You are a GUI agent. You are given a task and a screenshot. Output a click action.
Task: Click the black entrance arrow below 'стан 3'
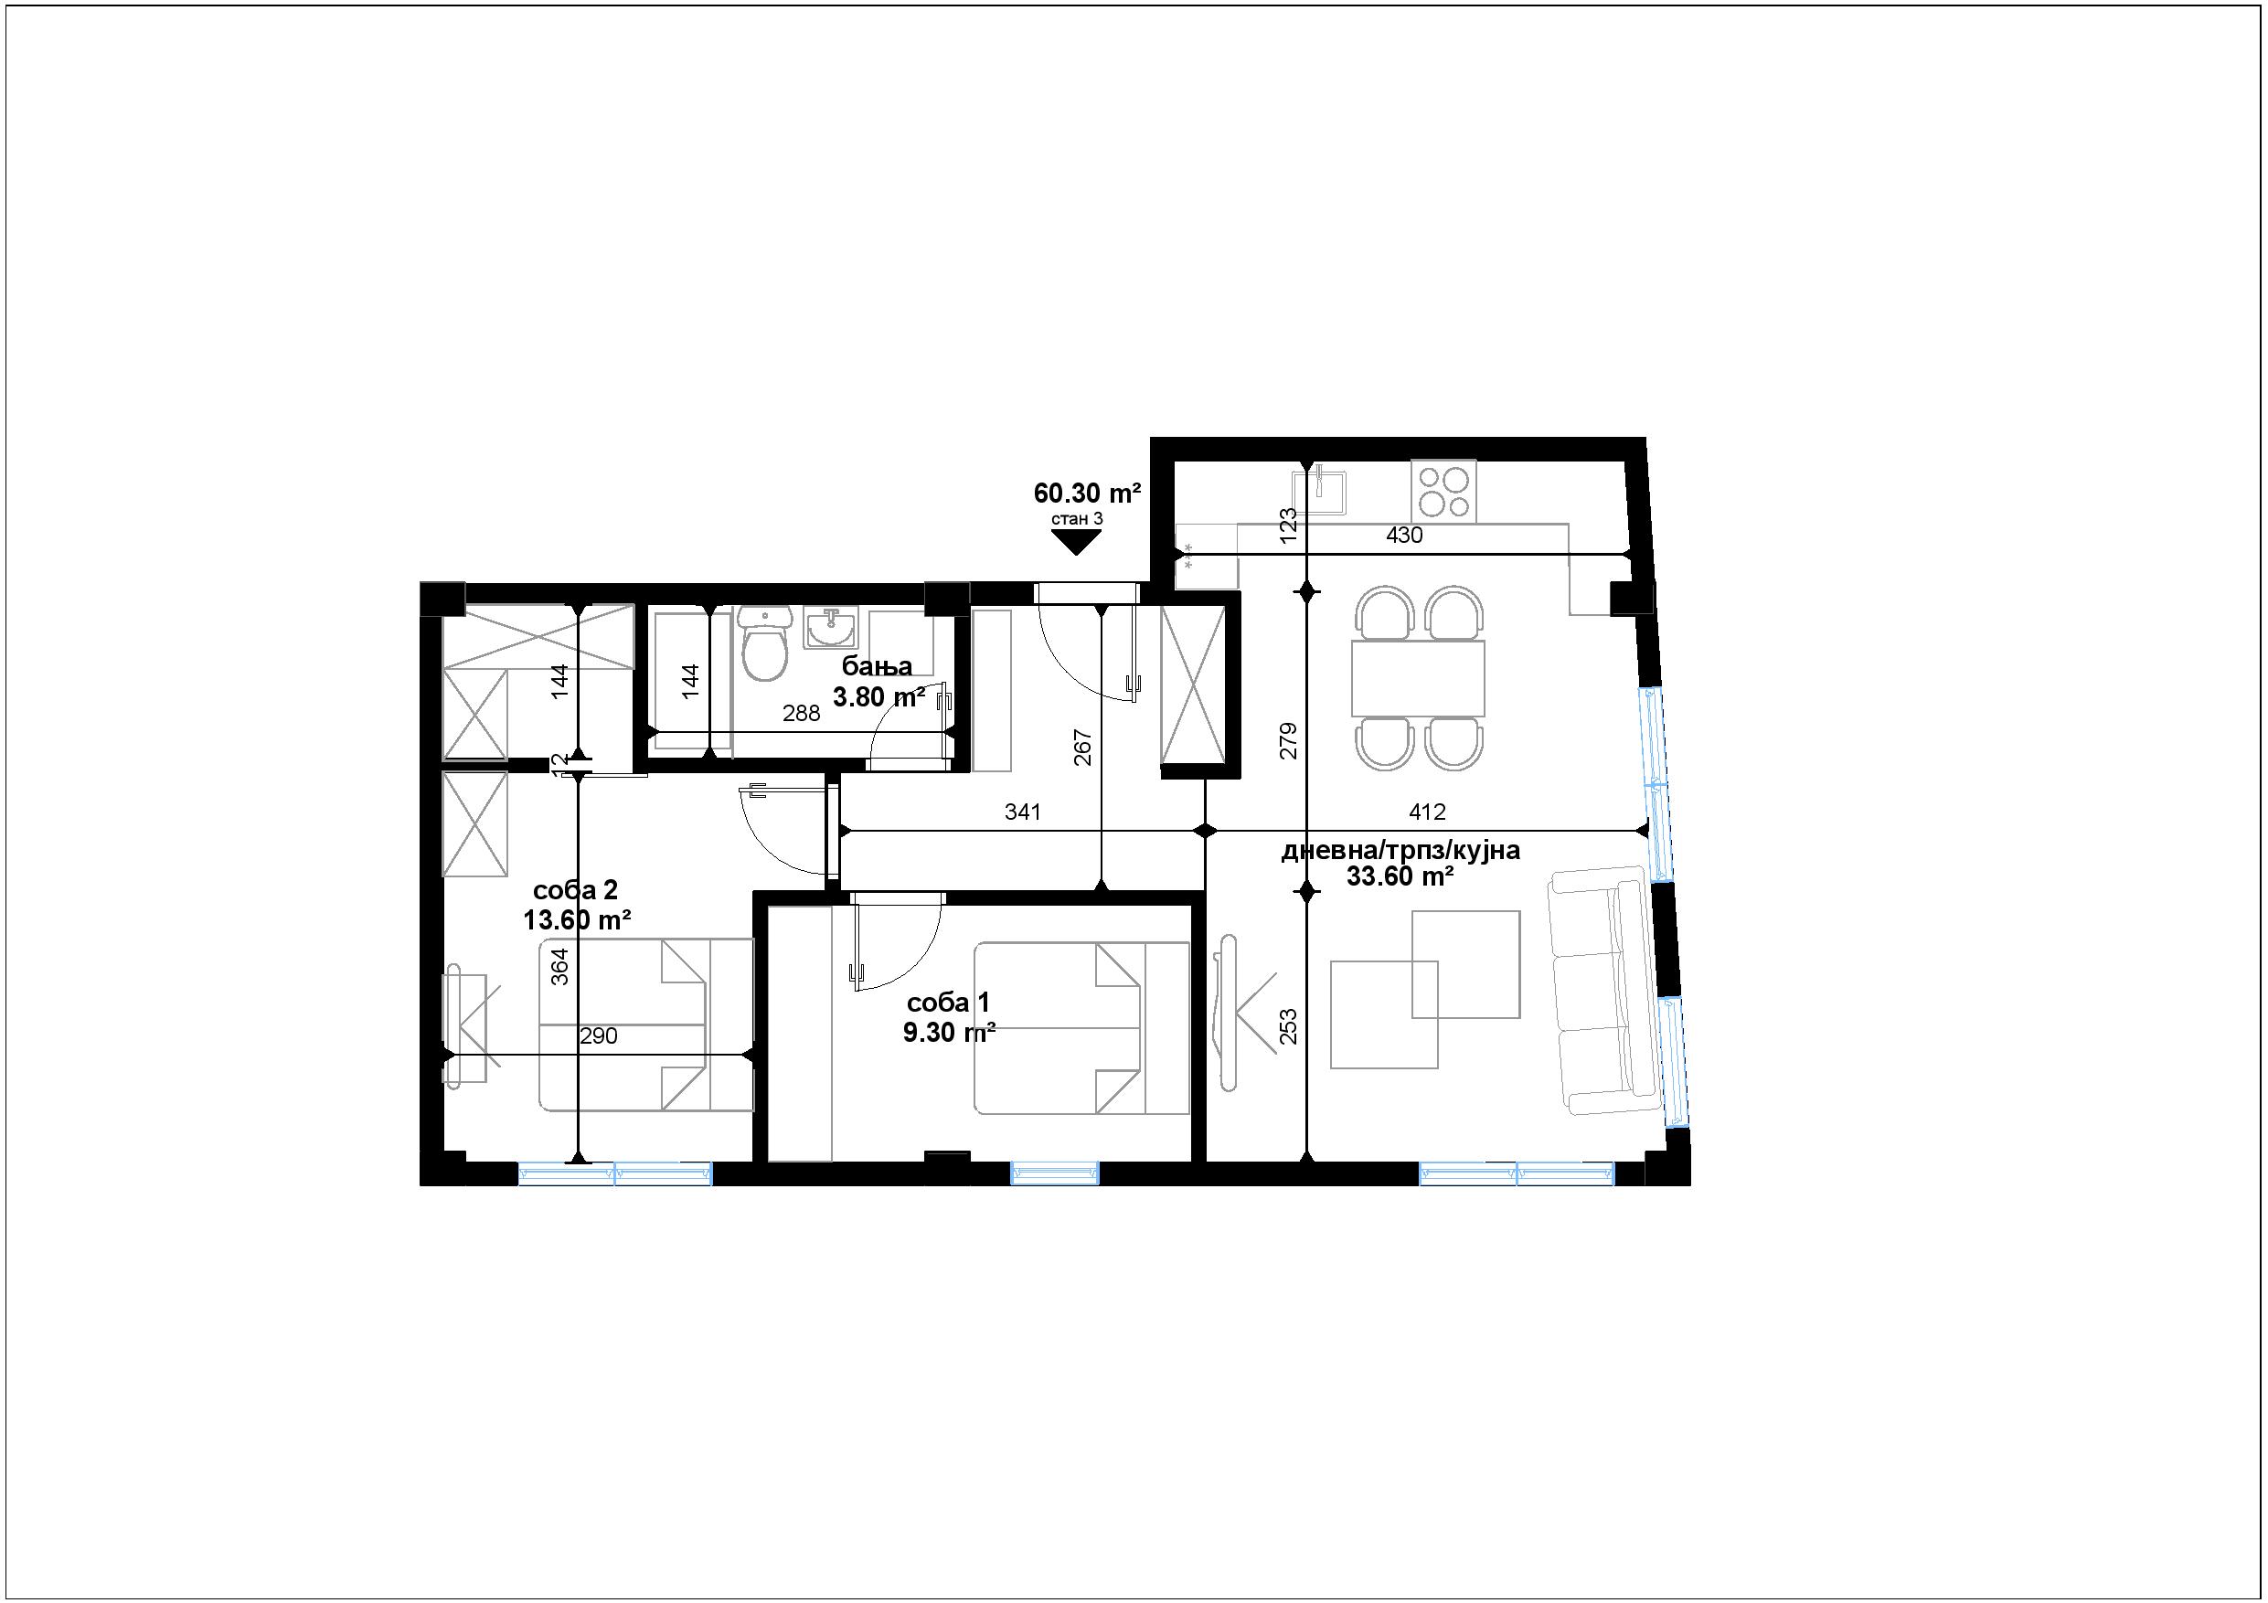pyautogui.click(x=1076, y=541)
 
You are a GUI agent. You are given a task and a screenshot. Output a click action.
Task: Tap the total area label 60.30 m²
pyautogui.click(x=1088, y=492)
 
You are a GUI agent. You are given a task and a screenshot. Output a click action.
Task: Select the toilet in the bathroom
pyautogui.click(x=764, y=643)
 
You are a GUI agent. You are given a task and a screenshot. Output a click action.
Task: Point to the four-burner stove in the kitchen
pyautogui.click(x=1444, y=492)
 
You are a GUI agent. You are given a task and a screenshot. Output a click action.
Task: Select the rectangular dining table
pyautogui.click(x=1419, y=678)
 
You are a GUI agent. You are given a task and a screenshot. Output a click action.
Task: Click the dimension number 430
pyautogui.click(x=1405, y=536)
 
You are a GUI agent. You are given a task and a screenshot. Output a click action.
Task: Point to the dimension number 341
pyautogui.click(x=1023, y=812)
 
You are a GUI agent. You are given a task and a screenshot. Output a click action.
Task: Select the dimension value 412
pyautogui.click(x=1427, y=812)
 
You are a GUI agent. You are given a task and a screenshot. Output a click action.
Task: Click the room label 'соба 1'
pyautogui.click(x=948, y=1003)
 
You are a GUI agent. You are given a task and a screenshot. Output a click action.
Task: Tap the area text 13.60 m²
pyautogui.click(x=577, y=920)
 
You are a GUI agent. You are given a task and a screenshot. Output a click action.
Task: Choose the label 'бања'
pyautogui.click(x=878, y=666)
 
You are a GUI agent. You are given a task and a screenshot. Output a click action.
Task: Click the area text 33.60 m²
pyautogui.click(x=1400, y=876)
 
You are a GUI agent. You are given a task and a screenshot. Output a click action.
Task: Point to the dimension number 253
pyautogui.click(x=1288, y=1027)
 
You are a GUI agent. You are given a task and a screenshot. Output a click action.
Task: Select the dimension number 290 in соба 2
pyautogui.click(x=599, y=1036)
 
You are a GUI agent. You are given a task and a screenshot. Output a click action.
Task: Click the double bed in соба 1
pyautogui.click(x=1081, y=1028)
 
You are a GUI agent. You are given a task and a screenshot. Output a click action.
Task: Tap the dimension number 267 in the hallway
pyautogui.click(x=1082, y=747)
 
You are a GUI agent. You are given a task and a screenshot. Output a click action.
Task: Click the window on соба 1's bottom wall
pyautogui.click(x=1055, y=1173)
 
